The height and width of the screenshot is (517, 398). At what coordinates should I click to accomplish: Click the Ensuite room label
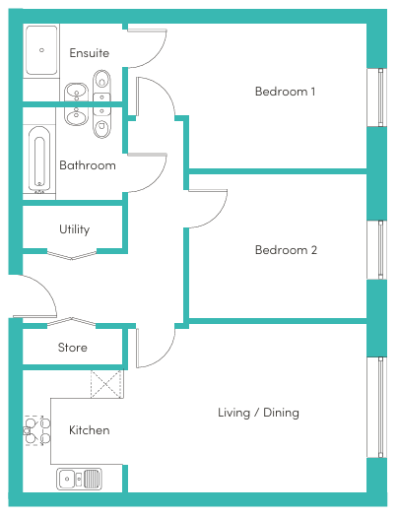89,53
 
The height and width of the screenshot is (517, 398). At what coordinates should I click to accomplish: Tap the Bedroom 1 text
285,92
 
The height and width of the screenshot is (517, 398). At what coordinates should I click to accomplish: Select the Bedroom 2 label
286,250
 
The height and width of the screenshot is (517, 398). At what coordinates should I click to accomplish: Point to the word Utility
74,229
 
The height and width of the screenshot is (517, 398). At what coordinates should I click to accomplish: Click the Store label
73,348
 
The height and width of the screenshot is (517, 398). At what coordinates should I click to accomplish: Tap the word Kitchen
89,430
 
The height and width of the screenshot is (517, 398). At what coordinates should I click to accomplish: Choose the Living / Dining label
258,413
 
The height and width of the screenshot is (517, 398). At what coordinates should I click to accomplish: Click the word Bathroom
88,165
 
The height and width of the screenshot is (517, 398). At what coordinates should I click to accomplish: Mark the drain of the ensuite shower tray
41,50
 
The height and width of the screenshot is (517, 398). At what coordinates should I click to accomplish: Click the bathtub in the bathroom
39,160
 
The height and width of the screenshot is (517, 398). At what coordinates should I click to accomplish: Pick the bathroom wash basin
76,116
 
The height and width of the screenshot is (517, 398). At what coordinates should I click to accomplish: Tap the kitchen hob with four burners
36,430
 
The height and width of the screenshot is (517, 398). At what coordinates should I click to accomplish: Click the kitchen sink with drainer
79,479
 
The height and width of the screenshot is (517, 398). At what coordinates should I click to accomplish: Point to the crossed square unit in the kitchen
106,384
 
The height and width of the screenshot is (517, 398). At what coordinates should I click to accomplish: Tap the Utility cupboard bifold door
72,255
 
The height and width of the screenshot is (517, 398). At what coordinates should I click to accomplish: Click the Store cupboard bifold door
71,322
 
